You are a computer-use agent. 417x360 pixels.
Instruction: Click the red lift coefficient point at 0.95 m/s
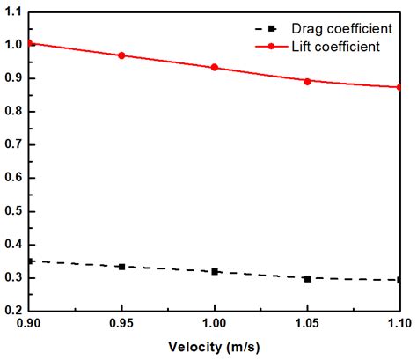coord(121,55)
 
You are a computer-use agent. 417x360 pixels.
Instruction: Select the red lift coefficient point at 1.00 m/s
coord(215,68)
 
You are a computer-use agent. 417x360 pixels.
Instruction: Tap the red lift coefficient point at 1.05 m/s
coord(307,81)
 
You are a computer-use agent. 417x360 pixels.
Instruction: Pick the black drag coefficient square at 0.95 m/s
coord(121,267)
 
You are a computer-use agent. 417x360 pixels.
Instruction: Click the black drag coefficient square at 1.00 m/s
coord(215,272)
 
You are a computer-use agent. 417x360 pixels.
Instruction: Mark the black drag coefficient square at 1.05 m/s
coord(307,278)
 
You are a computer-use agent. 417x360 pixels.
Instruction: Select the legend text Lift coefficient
coord(337,46)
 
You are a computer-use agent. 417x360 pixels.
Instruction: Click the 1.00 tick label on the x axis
coord(215,325)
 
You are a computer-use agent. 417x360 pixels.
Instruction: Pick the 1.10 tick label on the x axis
coord(398,325)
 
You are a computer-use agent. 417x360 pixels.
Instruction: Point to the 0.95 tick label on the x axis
coord(121,325)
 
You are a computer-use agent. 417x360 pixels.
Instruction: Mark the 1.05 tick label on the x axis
coord(307,325)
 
